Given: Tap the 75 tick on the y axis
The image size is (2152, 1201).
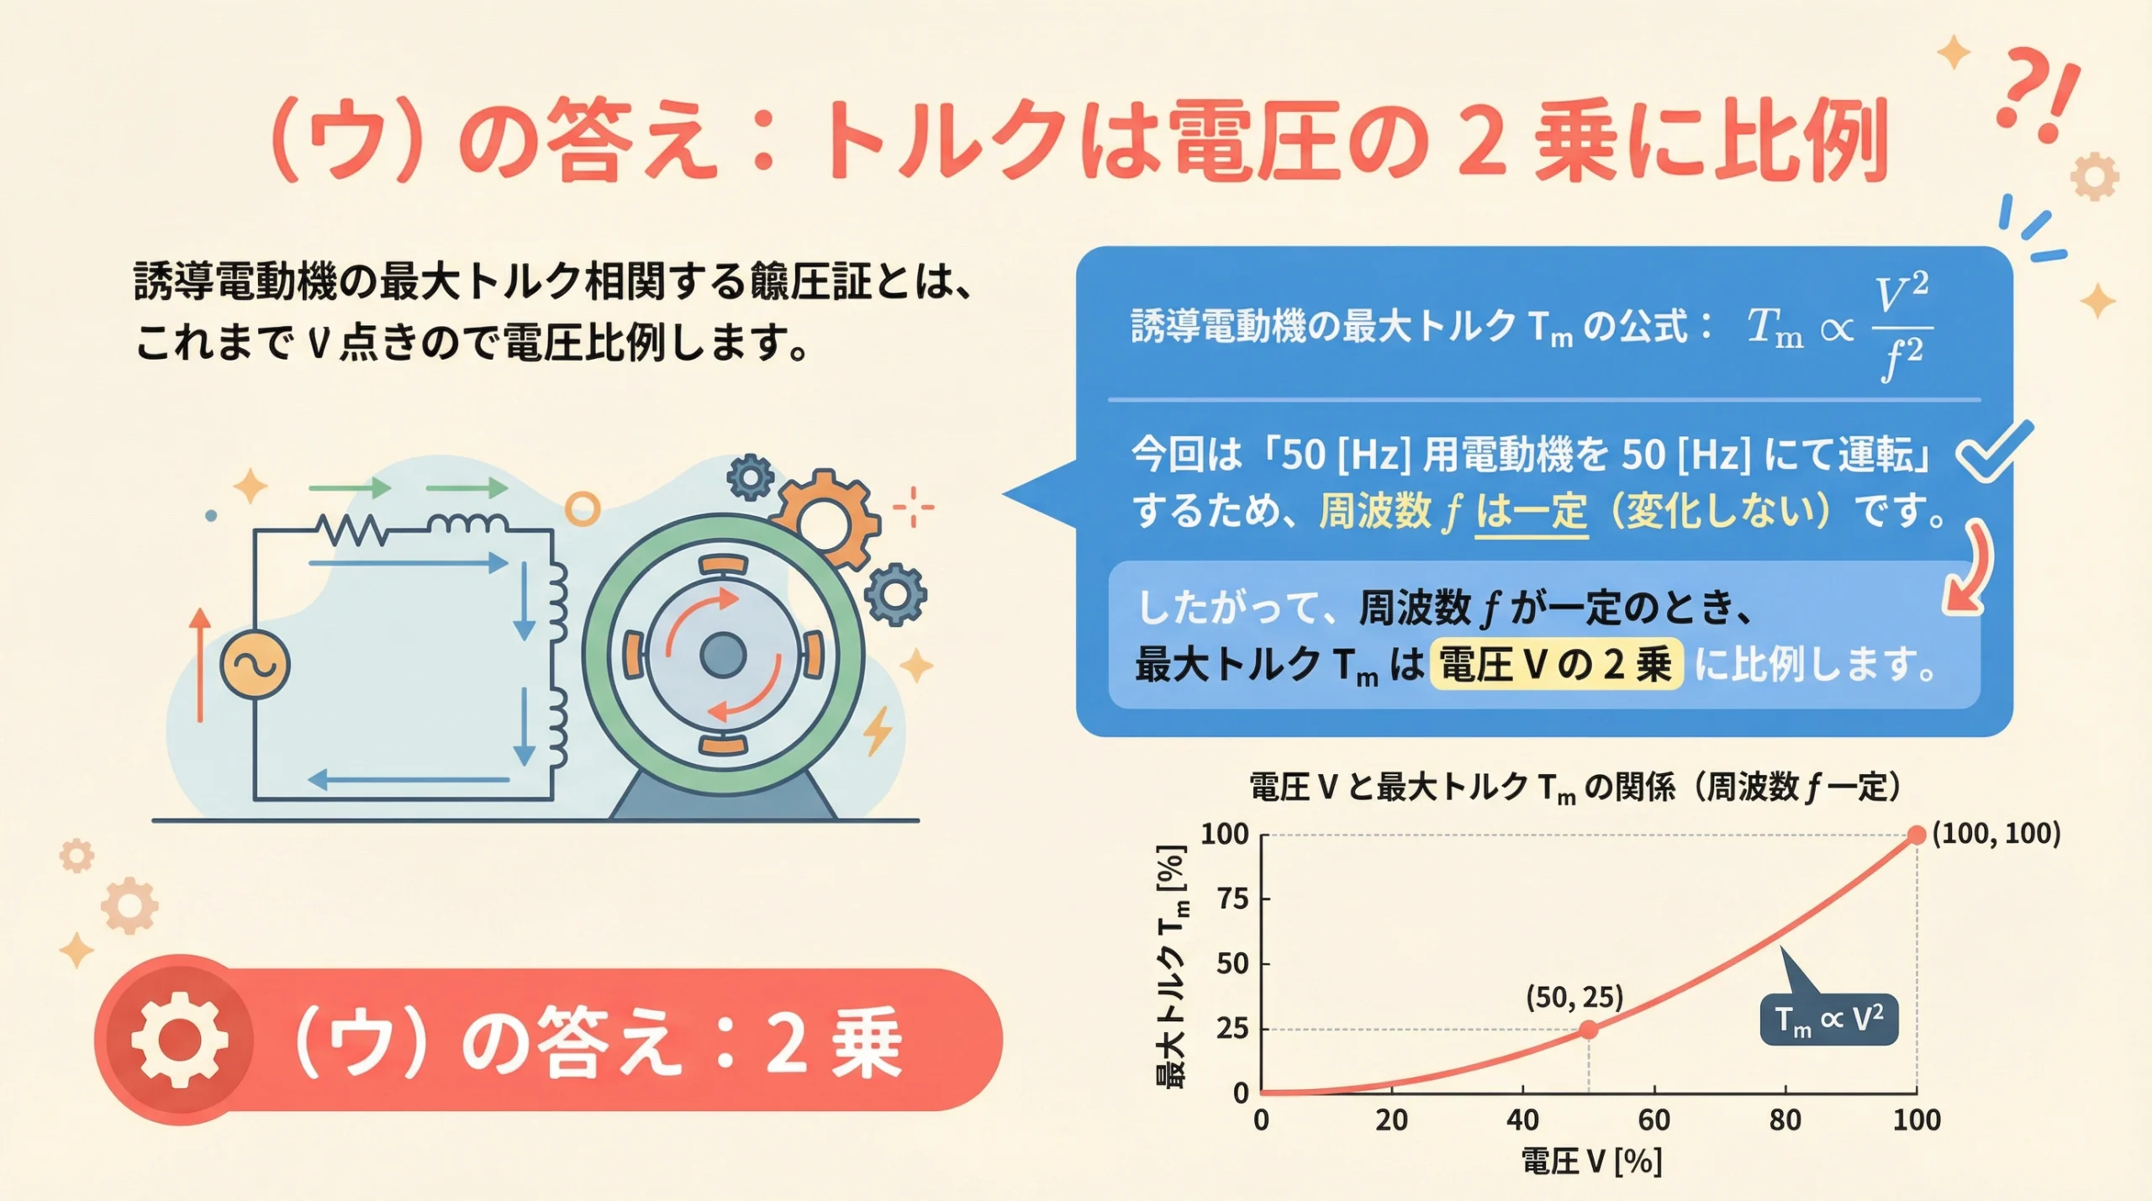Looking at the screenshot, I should tap(1233, 899).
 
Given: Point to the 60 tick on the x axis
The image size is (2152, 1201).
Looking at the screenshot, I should tap(1654, 1119).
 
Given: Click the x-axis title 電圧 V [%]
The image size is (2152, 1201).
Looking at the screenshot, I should tap(1591, 1161).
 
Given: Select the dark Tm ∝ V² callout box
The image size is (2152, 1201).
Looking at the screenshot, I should tap(1828, 1020).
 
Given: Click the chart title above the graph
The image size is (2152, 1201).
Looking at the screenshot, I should tap(1574, 787).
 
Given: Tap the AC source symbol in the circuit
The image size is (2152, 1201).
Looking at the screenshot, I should tap(255, 664).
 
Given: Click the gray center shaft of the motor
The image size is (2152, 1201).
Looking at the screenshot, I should tap(723, 655).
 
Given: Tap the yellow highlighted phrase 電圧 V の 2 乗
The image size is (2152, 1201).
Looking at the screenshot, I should tap(1556, 665).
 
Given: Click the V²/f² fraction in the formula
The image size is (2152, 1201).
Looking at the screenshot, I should tap(1901, 328).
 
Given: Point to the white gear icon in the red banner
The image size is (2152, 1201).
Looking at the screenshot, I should tap(180, 1039).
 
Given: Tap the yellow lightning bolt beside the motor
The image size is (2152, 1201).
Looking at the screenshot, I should tap(878, 730).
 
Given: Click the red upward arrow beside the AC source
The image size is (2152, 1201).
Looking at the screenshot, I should tap(199, 664).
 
